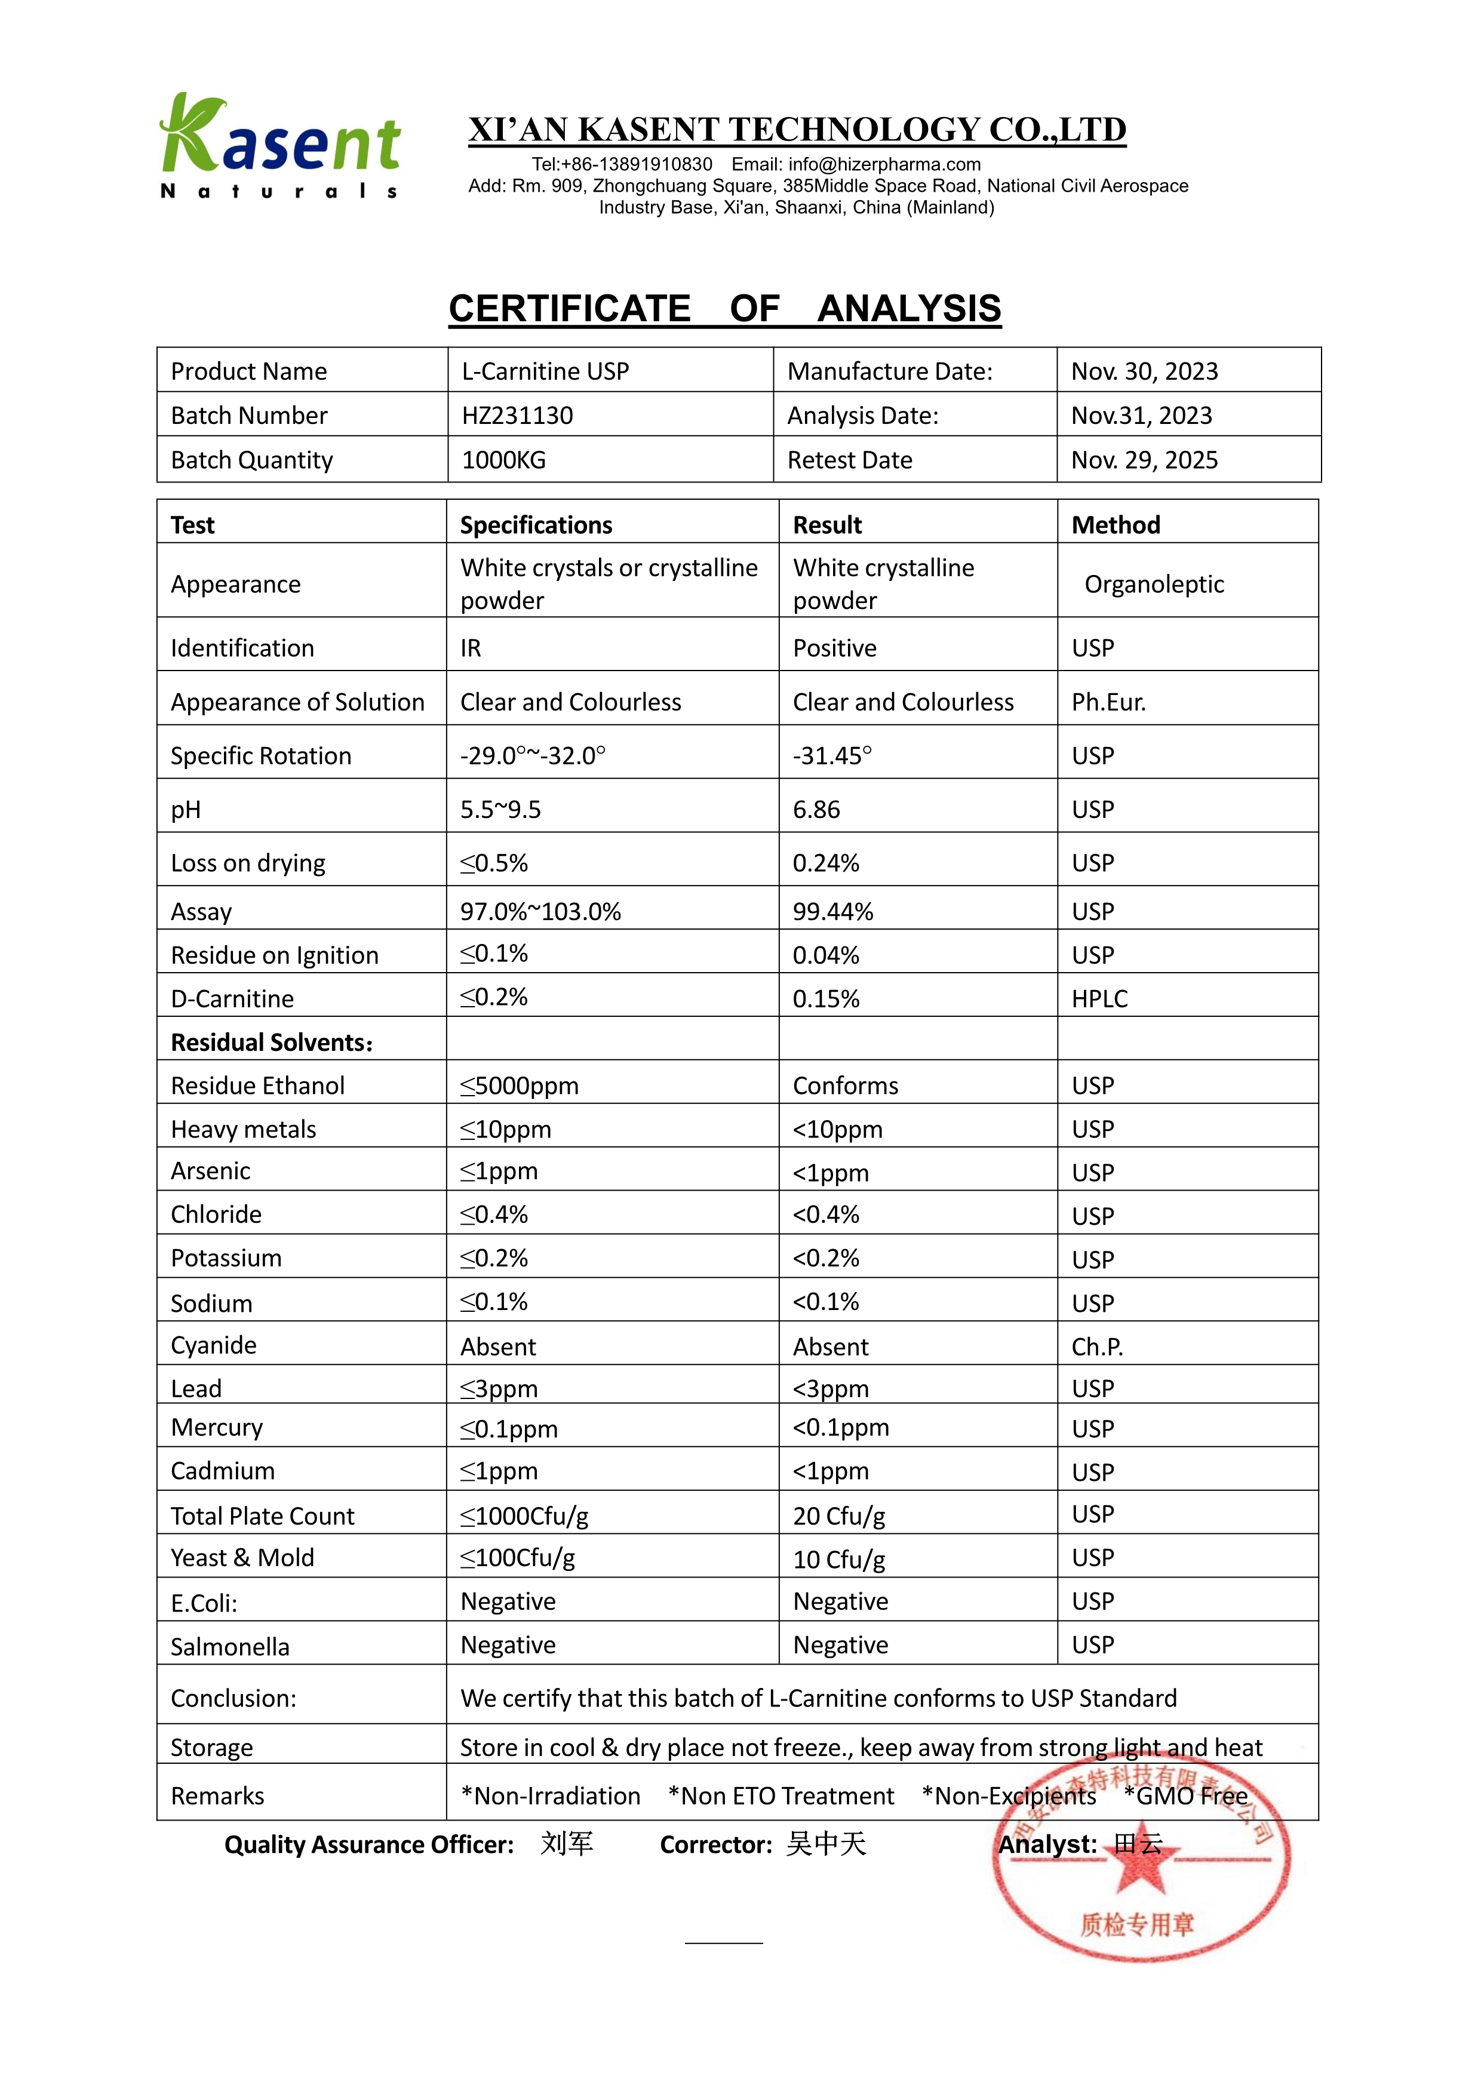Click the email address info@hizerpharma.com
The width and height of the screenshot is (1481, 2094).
[884, 164]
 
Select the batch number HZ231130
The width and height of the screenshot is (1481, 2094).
[517, 416]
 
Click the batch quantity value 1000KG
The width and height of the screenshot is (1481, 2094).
[503, 460]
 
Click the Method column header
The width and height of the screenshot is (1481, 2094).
[1116, 525]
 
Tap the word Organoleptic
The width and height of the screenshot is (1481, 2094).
[1154, 584]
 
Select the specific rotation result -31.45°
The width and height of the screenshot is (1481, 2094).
[832, 756]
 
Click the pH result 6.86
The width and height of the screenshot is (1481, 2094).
[816, 810]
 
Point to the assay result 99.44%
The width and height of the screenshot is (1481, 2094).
[832, 912]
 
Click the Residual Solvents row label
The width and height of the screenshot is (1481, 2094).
[272, 1043]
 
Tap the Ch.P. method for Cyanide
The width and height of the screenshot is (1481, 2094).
[1097, 1347]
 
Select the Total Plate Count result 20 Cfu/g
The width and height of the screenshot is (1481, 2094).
[839, 1516]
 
